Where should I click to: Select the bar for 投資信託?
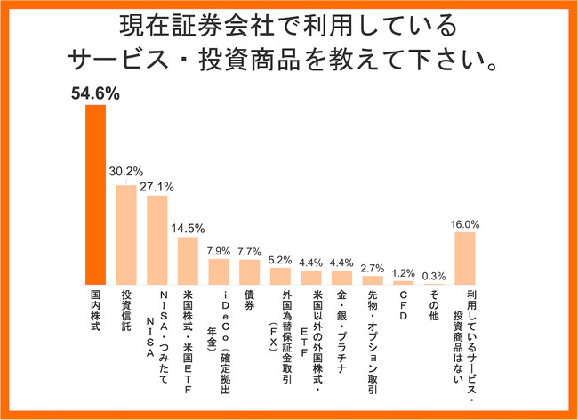tap(126, 234)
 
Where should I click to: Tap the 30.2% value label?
tap(126, 171)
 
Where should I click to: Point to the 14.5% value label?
tap(188, 226)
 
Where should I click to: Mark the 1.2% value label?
tap(404, 271)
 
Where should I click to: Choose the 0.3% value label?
tap(434, 275)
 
